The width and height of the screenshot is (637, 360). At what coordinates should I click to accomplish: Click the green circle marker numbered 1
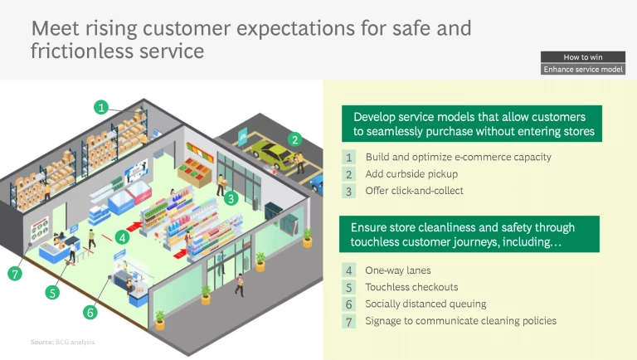click(101, 107)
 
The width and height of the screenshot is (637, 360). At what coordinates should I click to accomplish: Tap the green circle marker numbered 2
click(294, 139)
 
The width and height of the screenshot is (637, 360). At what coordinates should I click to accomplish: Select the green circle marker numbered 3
click(231, 198)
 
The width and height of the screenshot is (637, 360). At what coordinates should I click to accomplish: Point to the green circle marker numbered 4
click(123, 237)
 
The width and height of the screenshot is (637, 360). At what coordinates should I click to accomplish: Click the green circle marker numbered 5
click(53, 292)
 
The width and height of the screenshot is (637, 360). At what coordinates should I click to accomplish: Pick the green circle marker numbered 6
click(90, 313)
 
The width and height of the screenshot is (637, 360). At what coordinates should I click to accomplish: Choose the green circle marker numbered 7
click(14, 274)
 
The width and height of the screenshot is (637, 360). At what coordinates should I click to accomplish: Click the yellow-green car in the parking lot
click(270, 153)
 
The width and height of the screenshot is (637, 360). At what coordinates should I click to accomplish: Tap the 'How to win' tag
click(582, 57)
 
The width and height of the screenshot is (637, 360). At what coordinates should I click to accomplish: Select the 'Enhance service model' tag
click(582, 70)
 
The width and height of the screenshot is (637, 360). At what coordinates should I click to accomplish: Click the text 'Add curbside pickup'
click(411, 174)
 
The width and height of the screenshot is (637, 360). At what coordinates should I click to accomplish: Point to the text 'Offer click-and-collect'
click(414, 191)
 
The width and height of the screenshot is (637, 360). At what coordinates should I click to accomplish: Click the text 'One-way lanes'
click(397, 270)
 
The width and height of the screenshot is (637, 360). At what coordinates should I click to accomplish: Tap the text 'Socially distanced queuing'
click(425, 304)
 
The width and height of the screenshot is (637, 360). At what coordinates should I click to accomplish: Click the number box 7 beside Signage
click(349, 321)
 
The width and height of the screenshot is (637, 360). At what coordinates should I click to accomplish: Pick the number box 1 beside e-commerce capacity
click(349, 158)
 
